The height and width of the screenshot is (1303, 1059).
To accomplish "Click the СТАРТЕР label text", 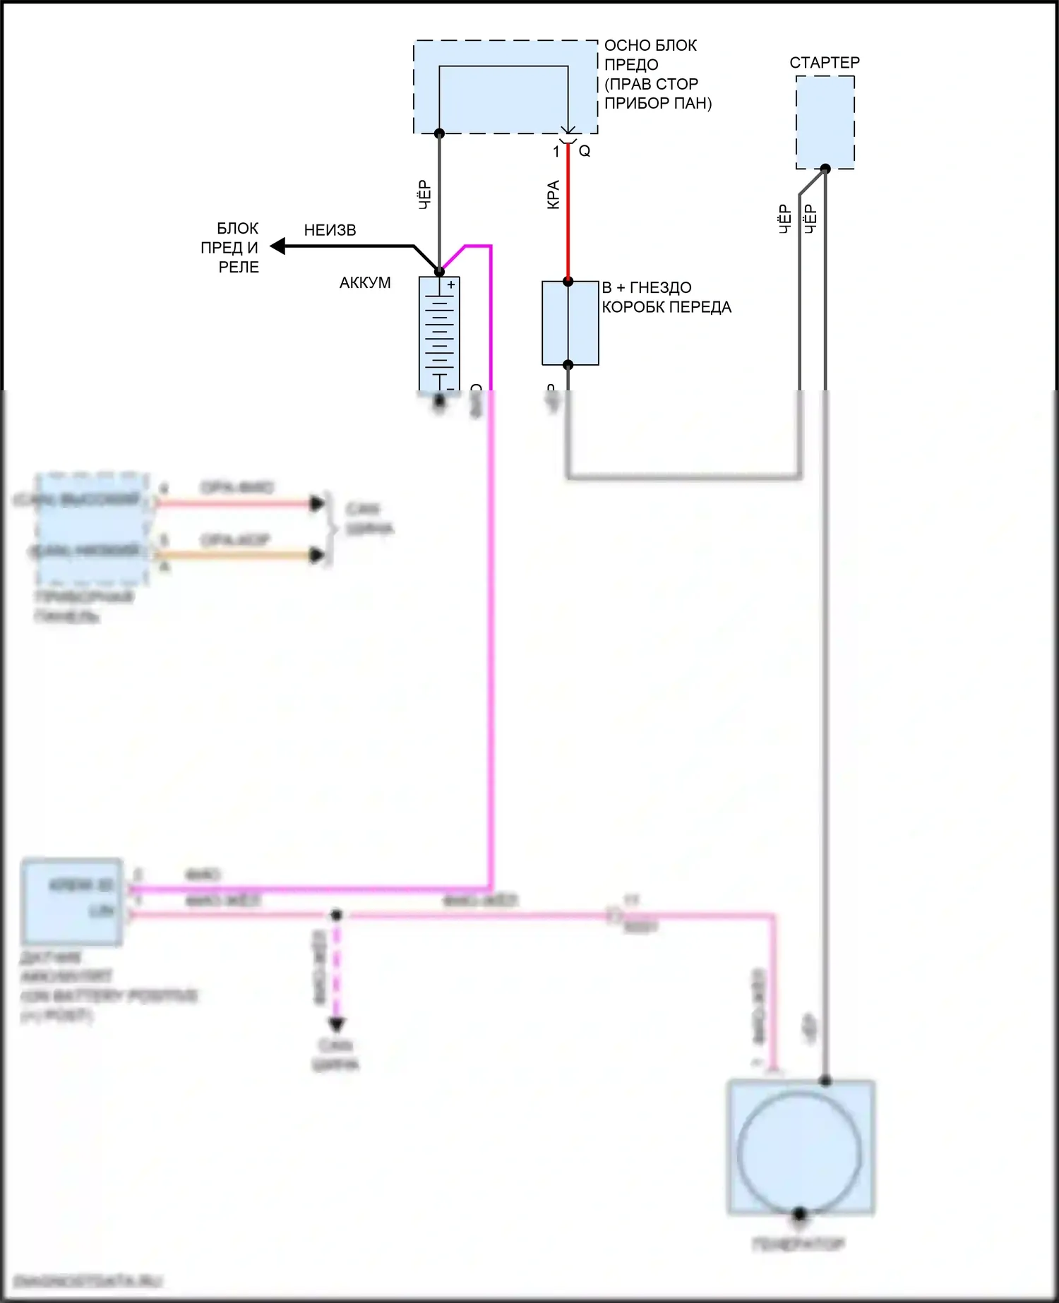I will [x=824, y=63].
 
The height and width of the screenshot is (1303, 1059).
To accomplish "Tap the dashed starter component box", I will [x=825, y=122].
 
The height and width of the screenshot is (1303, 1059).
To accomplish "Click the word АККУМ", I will [x=364, y=283].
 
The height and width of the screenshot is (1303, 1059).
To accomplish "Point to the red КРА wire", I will [x=568, y=226].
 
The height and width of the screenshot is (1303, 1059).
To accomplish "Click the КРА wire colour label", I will [x=554, y=195].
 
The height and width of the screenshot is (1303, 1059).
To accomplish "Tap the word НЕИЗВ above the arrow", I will [x=330, y=231].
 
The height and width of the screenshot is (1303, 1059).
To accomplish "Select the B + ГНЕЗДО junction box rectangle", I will [x=570, y=323].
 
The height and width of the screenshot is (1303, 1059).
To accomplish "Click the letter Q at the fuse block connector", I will [x=585, y=151].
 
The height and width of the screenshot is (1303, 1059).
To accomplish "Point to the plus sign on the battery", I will [x=451, y=285].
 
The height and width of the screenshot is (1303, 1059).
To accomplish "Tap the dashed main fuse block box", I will [x=505, y=87].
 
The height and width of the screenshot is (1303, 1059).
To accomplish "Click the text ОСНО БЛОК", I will [x=650, y=46].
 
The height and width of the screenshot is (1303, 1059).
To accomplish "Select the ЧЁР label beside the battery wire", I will [x=424, y=195].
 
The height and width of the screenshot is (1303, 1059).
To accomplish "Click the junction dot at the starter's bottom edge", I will [x=825, y=169].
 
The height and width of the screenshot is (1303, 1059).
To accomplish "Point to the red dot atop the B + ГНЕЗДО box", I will [x=568, y=282].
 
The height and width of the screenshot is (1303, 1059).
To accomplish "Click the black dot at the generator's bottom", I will [x=799, y=1214].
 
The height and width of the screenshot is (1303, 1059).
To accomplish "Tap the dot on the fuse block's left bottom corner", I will [x=439, y=133].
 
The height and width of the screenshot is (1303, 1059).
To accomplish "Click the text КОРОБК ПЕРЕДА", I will [x=666, y=308].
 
